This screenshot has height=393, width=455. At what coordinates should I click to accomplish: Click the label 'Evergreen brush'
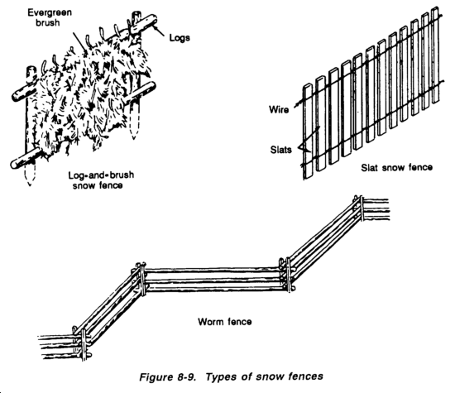click(50, 17)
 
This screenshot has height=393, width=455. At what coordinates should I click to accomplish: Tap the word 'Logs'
click(180, 38)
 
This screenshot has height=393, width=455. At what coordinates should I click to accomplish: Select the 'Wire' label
click(279, 110)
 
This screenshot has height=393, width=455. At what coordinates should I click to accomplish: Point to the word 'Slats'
click(281, 150)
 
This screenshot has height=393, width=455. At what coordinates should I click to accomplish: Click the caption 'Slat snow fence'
click(396, 167)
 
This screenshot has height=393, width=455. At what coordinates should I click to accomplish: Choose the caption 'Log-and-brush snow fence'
click(101, 180)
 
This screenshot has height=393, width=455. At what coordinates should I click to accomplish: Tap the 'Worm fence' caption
click(224, 322)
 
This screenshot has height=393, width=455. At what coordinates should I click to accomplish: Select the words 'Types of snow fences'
click(265, 376)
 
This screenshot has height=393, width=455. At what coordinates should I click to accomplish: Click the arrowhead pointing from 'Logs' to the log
click(156, 28)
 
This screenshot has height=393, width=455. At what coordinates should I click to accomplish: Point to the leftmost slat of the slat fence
click(308, 132)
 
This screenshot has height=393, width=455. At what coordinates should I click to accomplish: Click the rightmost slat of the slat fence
click(434, 55)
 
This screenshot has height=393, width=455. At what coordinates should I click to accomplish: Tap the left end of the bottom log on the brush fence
click(13, 164)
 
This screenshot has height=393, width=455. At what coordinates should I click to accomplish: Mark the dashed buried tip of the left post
click(30, 175)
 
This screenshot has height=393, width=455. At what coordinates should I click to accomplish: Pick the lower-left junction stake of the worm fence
click(84, 344)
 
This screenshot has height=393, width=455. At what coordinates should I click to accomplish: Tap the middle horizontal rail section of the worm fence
click(214, 279)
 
